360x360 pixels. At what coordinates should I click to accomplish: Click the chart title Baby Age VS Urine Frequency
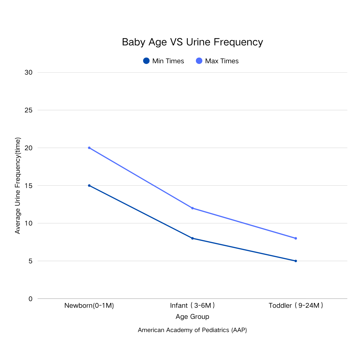pos(192,42)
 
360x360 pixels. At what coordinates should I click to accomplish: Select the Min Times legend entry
pos(163,61)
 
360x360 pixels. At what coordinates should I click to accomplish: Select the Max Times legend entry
pos(217,61)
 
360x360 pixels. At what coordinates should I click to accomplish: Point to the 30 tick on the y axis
pos(28,73)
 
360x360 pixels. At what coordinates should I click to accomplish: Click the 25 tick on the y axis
pos(28,110)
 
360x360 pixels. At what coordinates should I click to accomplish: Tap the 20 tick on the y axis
pos(28,148)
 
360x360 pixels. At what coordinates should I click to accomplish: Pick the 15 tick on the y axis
pos(28,186)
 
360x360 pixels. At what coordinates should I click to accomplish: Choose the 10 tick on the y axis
pos(28,223)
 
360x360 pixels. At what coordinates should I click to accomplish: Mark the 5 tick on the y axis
pos(30,261)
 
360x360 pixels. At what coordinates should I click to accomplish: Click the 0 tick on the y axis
pos(30,299)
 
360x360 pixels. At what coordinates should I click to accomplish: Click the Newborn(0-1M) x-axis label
pos(89,306)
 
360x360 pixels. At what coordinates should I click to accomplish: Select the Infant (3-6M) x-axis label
pos(192,306)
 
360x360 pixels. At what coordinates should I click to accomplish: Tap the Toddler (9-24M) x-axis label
pos(296,306)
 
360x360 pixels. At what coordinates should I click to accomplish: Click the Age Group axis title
pos(192,317)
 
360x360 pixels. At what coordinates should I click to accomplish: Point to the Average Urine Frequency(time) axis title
pos(18,186)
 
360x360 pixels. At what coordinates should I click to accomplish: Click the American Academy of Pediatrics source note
pos(192,330)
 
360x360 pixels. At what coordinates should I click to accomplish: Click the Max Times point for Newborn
pos(89,148)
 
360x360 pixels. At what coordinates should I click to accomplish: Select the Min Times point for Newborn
pos(89,186)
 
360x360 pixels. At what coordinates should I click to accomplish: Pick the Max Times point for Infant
pos(192,208)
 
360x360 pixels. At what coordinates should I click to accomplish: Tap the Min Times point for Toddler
pos(296,261)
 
